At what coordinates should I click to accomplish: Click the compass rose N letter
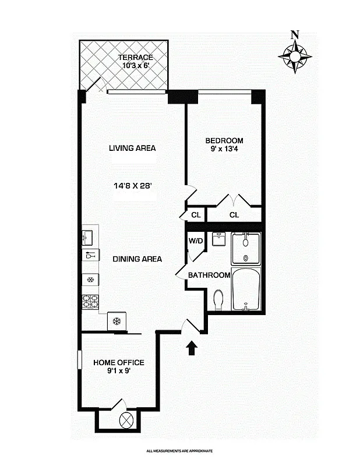pos(295,35)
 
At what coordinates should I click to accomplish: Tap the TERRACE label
pos(135,57)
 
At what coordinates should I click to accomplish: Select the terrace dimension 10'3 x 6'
pos(135,66)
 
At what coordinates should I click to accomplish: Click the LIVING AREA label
pos(132,148)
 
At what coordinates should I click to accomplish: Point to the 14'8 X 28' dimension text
pos(133,186)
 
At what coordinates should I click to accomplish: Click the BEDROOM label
pos(224,140)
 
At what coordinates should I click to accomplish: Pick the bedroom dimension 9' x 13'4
pos(224,149)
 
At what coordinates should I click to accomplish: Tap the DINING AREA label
pos(137,259)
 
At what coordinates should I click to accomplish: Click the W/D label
pos(195,241)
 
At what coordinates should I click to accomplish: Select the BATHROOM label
pos(209,275)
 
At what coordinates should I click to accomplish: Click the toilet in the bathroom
pos(218,300)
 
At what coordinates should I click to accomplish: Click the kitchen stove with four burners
pos(90,302)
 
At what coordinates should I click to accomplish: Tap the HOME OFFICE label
pos(119,362)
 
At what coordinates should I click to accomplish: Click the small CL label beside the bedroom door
pos(196,215)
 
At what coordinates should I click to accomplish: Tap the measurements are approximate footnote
pos(179,451)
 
